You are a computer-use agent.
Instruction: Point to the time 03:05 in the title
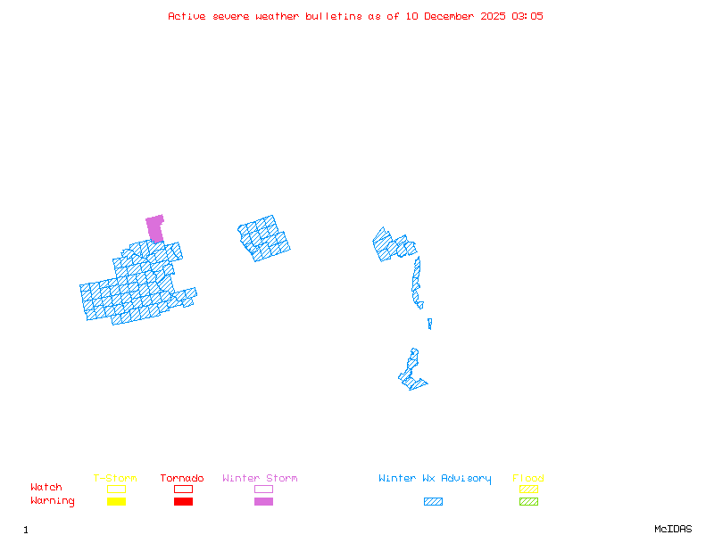(x=527, y=16)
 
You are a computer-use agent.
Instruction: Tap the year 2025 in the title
(x=493, y=16)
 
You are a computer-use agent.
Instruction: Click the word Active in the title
(x=186, y=16)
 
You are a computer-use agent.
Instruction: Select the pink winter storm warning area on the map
(x=155, y=227)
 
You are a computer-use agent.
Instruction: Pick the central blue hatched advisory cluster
(x=263, y=237)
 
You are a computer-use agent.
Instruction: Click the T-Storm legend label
(x=115, y=479)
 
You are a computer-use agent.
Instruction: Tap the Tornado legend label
(x=182, y=479)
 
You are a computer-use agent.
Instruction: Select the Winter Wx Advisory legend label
(x=435, y=479)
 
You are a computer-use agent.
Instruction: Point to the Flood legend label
(x=528, y=479)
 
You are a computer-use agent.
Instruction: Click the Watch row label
(x=46, y=488)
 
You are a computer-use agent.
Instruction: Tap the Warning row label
(x=53, y=501)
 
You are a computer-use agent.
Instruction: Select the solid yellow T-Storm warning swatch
(x=116, y=502)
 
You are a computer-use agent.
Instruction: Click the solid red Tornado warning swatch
(x=183, y=502)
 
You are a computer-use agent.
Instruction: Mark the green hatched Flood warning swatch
(x=528, y=502)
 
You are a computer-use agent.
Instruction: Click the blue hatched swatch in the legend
(x=433, y=502)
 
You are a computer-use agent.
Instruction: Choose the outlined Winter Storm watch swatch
(x=263, y=489)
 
